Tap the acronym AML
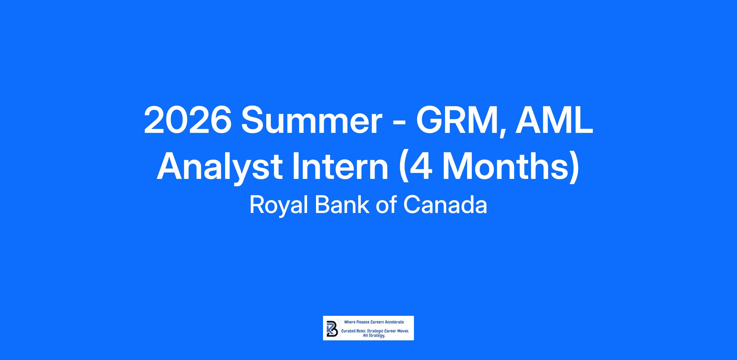point(554,120)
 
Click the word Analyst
point(220,168)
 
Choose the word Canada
point(445,205)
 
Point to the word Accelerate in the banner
point(394,322)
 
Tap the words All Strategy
point(374,336)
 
